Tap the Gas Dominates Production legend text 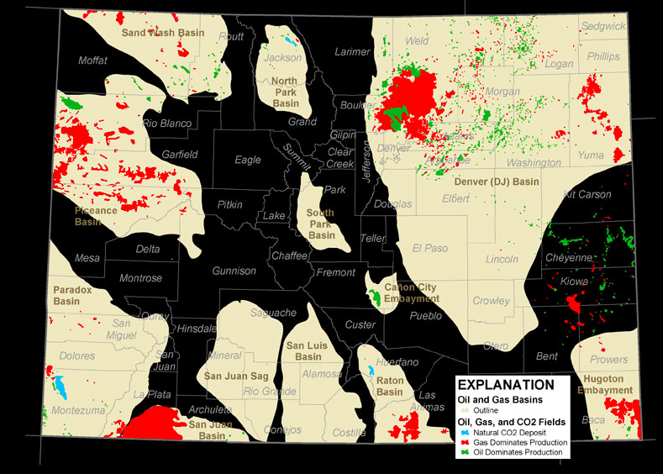519,442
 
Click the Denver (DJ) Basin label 497,182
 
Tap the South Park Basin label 321,224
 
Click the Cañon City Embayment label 412,292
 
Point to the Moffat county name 93,61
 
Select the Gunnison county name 234,271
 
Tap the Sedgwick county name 603,26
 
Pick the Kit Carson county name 587,194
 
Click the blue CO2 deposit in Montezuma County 61,387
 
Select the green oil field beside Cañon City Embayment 373,297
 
